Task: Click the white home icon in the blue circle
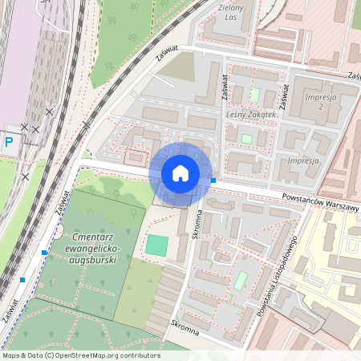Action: pos(180,173)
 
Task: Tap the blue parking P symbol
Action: pos(10,143)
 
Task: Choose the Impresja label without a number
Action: pos(302,160)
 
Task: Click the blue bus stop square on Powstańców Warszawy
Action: pos(213,180)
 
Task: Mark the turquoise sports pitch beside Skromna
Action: pos(157,245)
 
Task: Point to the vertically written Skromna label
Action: pos(195,227)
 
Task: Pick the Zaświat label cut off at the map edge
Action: pos(352,76)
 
